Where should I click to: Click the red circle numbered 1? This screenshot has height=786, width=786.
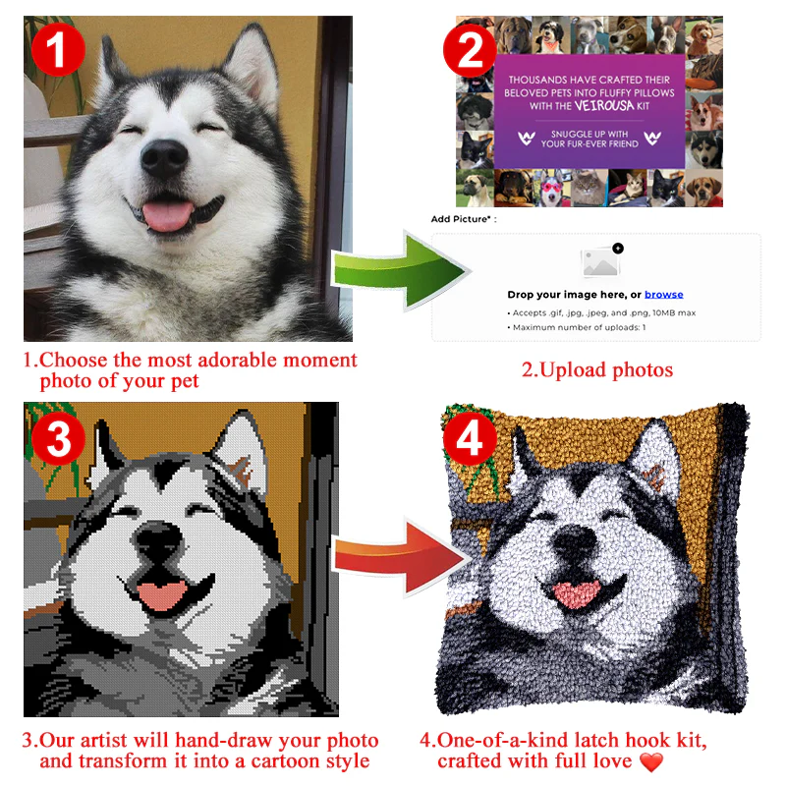pyautogui.click(x=58, y=49)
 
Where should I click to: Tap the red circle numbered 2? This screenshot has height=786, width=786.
pyautogui.click(x=470, y=50)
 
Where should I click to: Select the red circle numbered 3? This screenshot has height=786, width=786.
pyautogui.click(x=59, y=439)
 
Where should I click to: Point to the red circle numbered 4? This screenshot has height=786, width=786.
pyautogui.click(x=470, y=439)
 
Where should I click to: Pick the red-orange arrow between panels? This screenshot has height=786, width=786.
pyautogui.click(x=401, y=557)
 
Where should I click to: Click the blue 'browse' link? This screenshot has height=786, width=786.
pyautogui.click(x=664, y=294)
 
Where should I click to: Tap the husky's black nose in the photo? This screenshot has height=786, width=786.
pyautogui.click(x=164, y=158)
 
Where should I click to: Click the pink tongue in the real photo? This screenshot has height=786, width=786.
pyautogui.click(x=167, y=215)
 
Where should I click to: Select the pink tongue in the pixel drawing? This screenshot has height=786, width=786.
pyautogui.click(x=161, y=595)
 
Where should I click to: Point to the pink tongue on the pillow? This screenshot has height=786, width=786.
pyautogui.click(x=577, y=593)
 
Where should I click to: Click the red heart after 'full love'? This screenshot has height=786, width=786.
pyautogui.click(x=651, y=762)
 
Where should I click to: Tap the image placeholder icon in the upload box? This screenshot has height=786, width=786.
pyautogui.click(x=601, y=260)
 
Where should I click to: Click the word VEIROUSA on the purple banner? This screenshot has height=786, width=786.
pyautogui.click(x=604, y=105)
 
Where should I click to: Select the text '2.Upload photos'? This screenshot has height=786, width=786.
pyautogui.click(x=597, y=370)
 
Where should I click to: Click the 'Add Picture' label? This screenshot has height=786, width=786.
pyautogui.click(x=463, y=219)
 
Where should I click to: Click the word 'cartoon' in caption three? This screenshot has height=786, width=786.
pyautogui.click(x=285, y=760)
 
